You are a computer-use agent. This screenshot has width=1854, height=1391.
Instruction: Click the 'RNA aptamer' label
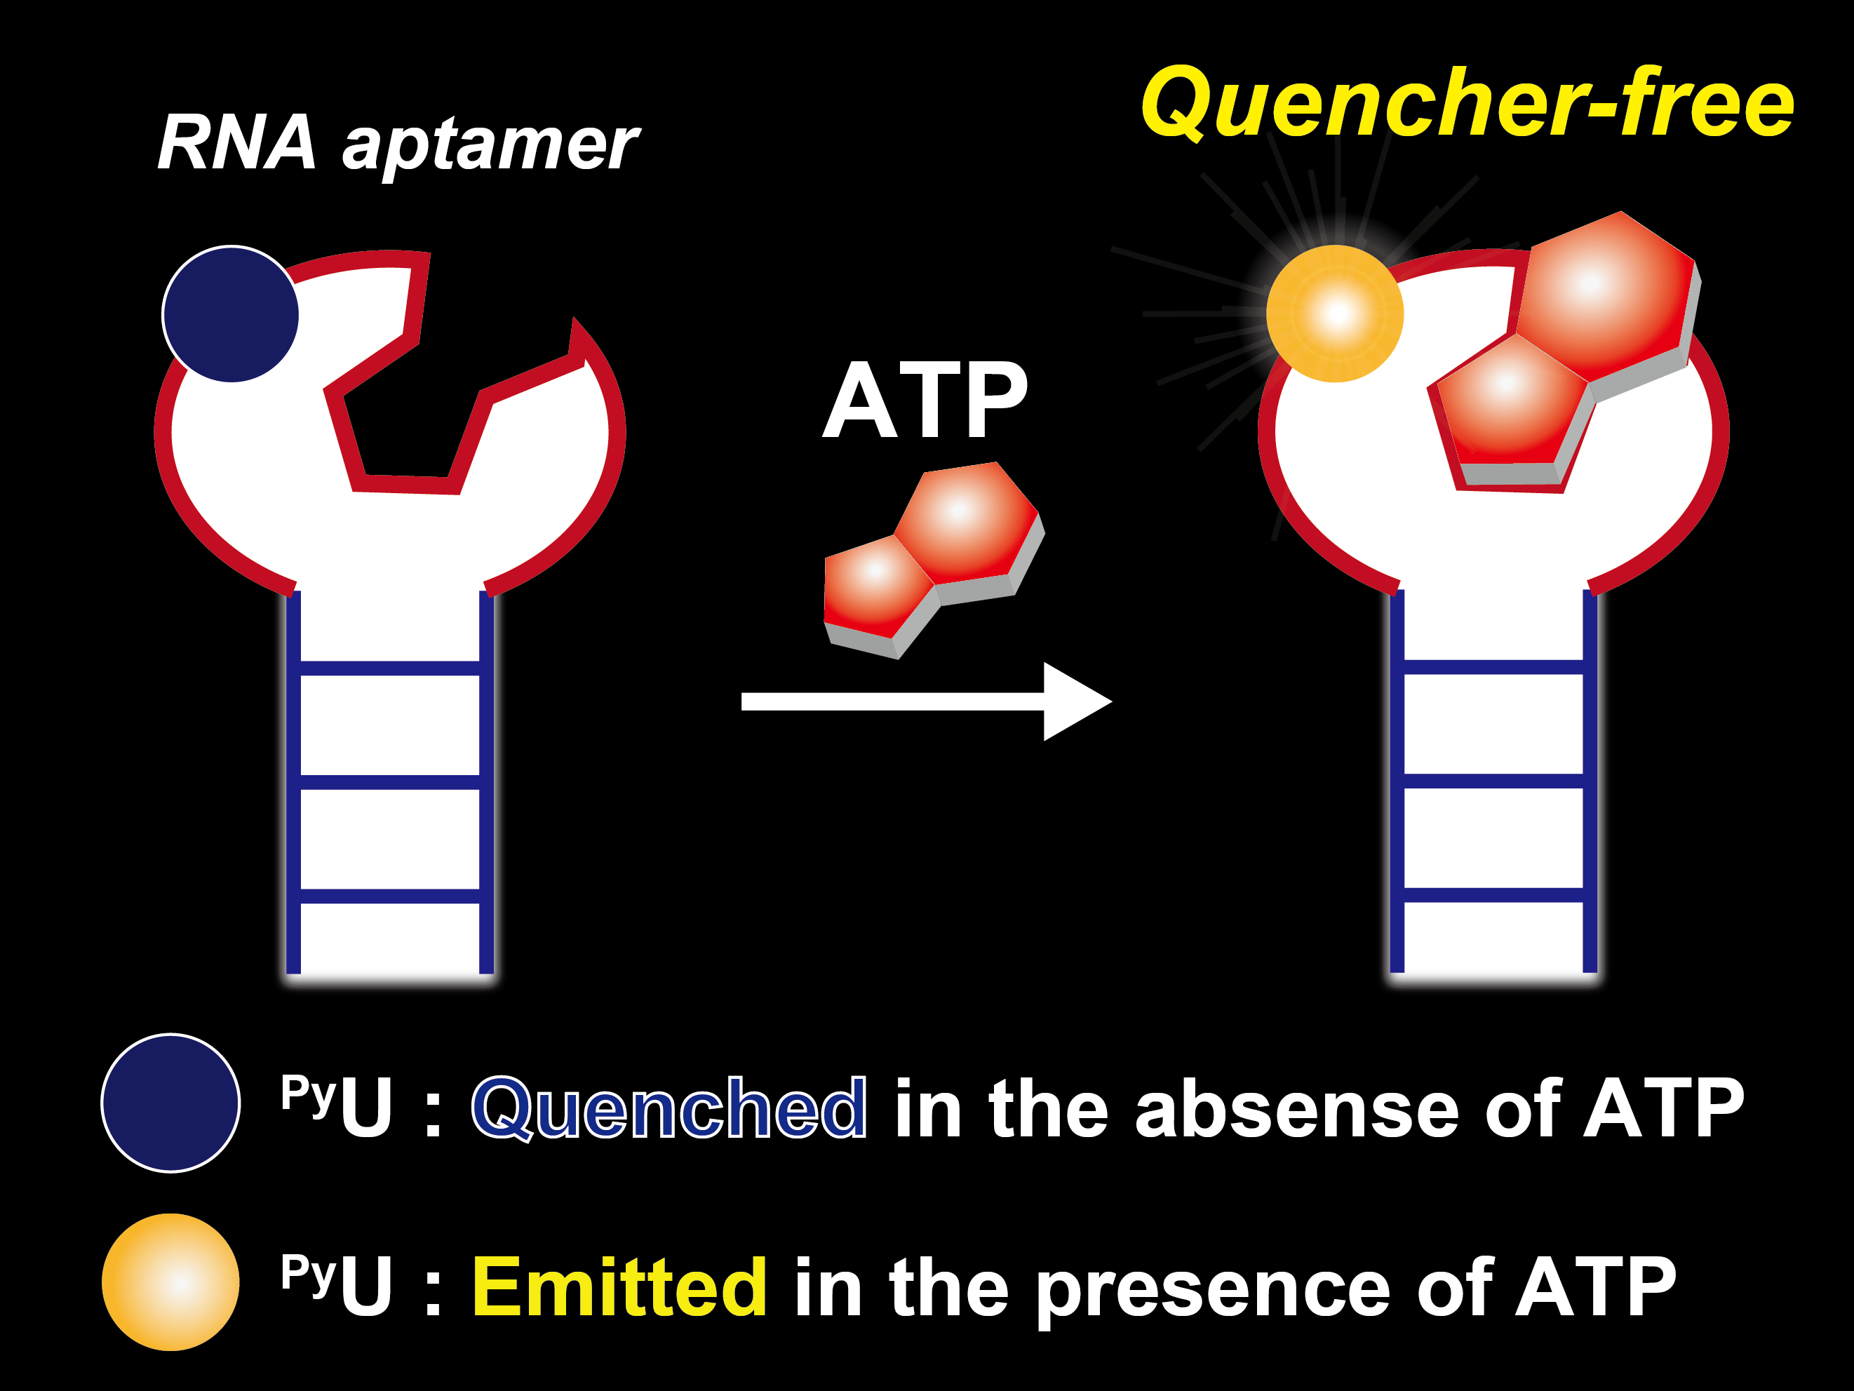coord(398,144)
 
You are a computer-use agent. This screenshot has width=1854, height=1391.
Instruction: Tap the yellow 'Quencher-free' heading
coord(1467,104)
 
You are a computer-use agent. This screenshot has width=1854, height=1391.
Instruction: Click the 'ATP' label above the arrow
coord(925,401)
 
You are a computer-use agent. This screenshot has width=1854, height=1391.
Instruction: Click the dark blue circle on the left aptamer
coord(231,314)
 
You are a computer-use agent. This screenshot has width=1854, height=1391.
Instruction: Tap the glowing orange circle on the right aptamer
coord(1334,314)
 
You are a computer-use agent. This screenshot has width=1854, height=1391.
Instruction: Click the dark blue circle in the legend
coord(171,1103)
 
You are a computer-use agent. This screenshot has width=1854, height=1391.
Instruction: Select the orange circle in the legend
coord(171,1282)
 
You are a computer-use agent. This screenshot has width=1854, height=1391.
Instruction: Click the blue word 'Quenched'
coord(669,1108)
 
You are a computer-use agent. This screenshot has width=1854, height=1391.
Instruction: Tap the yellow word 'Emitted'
coord(620,1287)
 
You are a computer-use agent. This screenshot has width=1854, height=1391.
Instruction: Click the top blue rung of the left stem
coord(390,668)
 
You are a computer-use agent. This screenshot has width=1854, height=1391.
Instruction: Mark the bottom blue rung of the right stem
coord(1493,895)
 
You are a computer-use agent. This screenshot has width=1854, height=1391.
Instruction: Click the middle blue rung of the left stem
coord(390,782)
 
